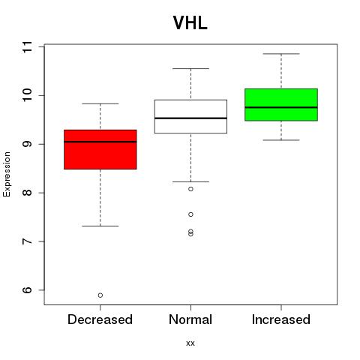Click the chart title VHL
pos(190,23)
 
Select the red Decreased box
pos(100,149)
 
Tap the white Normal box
pos(190,116)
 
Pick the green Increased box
pos(281,105)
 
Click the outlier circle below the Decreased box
pos(100,295)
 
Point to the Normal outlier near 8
pos(190,189)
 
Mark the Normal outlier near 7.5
pos(190,214)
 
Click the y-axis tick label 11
pos(27,46)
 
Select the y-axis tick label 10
pos(27,95)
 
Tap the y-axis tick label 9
pos(27,144)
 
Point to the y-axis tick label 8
pos(27,193)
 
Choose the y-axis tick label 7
pos(27,241)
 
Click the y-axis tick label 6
pos(27,290)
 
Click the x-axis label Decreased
pos(100,319)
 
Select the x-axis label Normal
pos(190,319)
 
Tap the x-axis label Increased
pos(281,319)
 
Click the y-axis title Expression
pos(7,174)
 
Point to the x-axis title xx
pos(190,343)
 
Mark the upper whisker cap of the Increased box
pos(281,54)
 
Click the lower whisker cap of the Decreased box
pos(100,226)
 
